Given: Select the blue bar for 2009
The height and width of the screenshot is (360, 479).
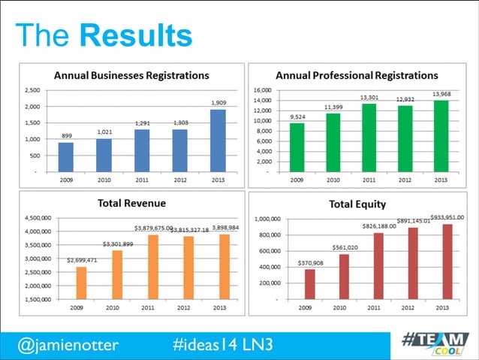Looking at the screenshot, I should point(66,157).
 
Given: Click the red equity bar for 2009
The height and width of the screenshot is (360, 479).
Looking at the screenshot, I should point(310,284).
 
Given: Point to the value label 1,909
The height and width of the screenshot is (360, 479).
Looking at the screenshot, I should point(217,102).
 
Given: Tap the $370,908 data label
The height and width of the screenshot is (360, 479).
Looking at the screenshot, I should point(311,263).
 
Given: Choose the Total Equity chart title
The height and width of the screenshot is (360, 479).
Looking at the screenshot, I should point(357,204).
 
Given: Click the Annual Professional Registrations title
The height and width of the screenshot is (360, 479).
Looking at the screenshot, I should point(357,75).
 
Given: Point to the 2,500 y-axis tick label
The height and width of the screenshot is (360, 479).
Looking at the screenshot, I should point(32,90).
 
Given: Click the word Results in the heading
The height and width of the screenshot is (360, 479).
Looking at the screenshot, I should point(135,35).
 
